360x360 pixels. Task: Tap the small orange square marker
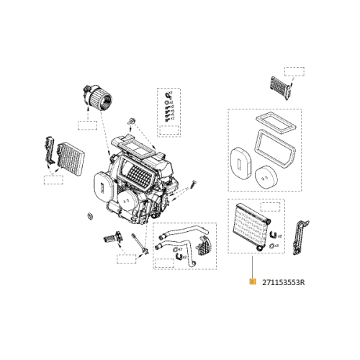(x=252, y=282)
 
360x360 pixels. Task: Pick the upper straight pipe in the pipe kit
(x=180, y=233)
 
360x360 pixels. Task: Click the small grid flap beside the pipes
(x=205, y=246)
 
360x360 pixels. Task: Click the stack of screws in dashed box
(x=168, y=108)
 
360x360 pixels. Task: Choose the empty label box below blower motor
(x=87, y=125)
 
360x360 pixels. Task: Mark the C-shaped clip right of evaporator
(x=273, y=232)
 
